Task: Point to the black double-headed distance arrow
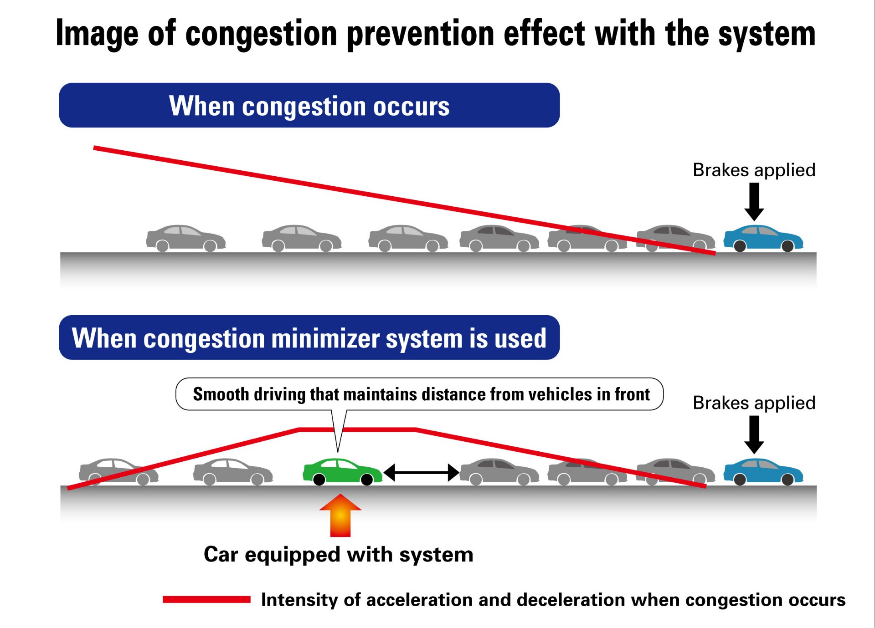[x=421, y=473]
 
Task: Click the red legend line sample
[x=206, y=599]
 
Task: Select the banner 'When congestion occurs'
[x=309, y=105]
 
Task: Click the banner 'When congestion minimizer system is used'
[x=309, y=337]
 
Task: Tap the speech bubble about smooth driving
[x=419, y=394]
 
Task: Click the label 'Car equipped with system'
[x=338, y=555]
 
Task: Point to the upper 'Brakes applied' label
[x=754, y=170]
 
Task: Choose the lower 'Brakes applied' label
[x=754, y=403]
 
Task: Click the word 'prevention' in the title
[x=421, y=34]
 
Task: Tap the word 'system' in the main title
[x=767, y=34]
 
